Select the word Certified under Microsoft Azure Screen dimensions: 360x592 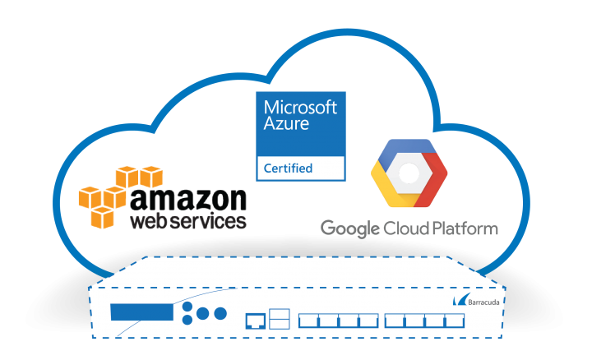tap(288, 168)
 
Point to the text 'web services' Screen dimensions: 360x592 tap(187, 222)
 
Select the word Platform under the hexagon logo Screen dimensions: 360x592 tap(465, 227)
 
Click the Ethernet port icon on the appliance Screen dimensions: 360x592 tap(254, 317)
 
